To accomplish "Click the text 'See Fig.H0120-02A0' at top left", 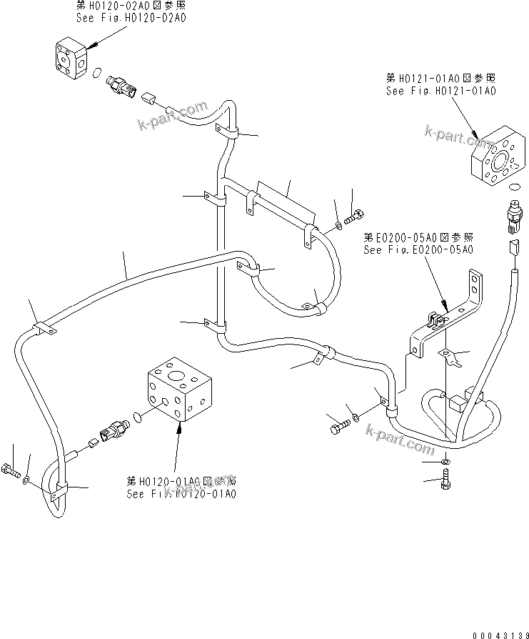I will pos(131,17).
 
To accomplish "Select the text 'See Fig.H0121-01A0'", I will pos(441,91).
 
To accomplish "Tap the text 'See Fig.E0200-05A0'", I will pos(418,249).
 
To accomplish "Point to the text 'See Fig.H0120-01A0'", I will pos(181,493).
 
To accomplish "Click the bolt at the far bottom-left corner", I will pos(11,471).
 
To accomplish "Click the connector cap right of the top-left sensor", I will pos(149,95).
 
